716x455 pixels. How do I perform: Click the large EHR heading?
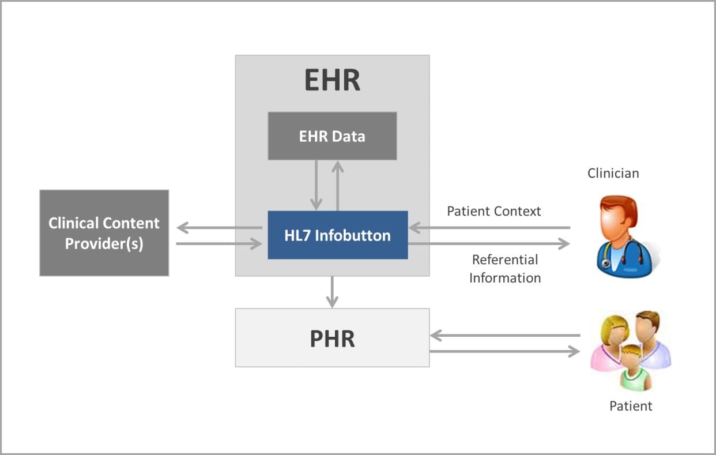pyautogui.click(x=332, y=80)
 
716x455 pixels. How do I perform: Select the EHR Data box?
pyautogui.click(x=332, y=136)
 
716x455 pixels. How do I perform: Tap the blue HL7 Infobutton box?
pyautogui.click(x=338, y=235)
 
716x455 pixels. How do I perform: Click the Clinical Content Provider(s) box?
pyautogui.click(x=104, y=233)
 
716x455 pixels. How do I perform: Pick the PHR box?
pyautogui.click(x=332, y=338)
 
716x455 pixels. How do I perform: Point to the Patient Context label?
pyautogui.click(x=494, y=211)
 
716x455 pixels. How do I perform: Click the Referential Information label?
pyautogui.click(x=505, y=269)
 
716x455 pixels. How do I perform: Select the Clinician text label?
pyautogui.click(x=613, y=174)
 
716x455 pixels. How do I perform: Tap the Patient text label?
pyautogui.click(x=631, y=406)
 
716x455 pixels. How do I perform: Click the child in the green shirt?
pyautogui.click(x=635, y=368)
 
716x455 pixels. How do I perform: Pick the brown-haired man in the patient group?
pyautogui.click(x=652, y=339)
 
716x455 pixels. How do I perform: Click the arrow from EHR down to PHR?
pyautogui.click(x=332, y=292)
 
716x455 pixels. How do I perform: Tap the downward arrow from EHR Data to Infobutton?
pyautogui.click(x=316, y=185)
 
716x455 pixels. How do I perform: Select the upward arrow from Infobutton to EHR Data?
pyautogui.click(x=338, y=186)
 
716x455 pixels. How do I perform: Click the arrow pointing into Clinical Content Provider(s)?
pyautogui.click(x=219, y=228)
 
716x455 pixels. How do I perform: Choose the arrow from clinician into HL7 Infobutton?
pyautogui.click(x=489, y=228)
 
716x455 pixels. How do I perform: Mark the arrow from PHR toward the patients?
pyautogui.click(x=504, y=351)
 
